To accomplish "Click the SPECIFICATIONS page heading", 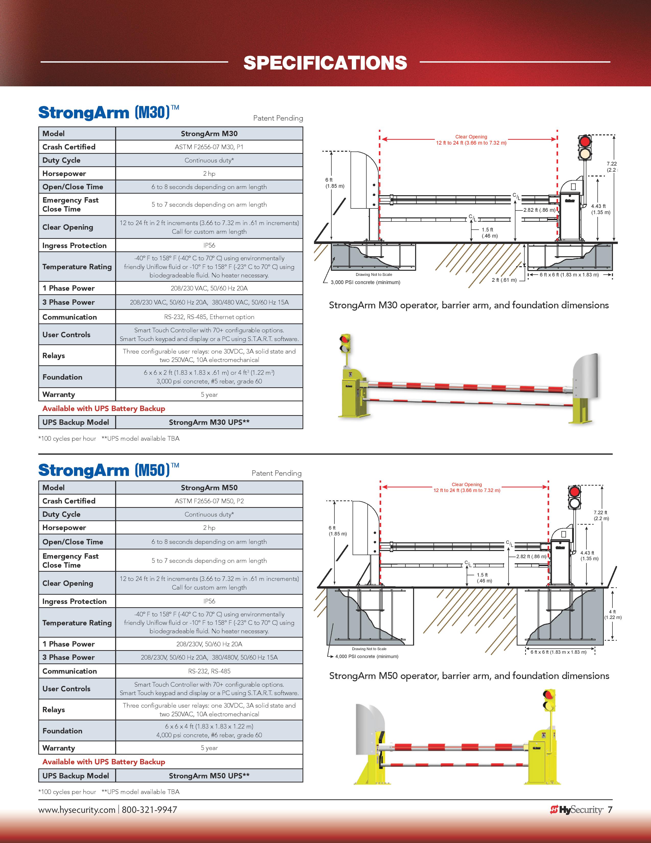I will click(x=325, y=63).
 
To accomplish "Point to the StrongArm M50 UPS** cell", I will click(x=209, y=776).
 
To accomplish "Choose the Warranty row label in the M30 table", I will click(x=59, y=394).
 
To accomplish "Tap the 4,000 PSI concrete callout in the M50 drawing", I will click(x=366, y=657).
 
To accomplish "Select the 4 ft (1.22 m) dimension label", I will click(x=612, y=614).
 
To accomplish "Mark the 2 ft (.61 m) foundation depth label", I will click(x=504, y=280).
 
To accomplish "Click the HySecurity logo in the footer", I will click(x=576, y=810).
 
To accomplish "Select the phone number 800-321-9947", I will click(x=149, y=810).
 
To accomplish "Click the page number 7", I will click(x=610, y=810).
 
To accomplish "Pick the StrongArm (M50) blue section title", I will click(x=104, y=470).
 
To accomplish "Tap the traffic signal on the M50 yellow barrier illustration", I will click(x=549, y=700).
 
